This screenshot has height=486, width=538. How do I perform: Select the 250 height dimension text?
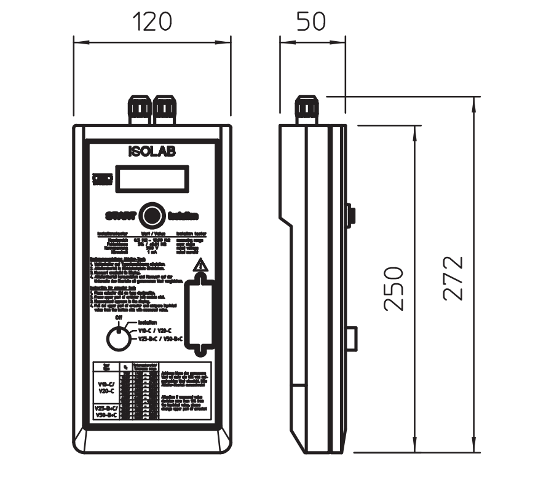click(x=394, y=288)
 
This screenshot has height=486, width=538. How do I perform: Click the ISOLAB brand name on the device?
click(x=152, y=152)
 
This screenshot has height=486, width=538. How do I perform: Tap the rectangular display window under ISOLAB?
click(x=151, y=179)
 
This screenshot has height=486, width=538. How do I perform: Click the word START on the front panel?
click(x=120, y=216)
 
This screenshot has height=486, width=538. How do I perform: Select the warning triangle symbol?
click(x=199, y=265)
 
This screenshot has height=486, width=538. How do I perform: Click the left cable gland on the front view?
click(x=140, y=109)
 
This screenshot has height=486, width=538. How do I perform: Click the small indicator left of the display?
click(x=102, y=179)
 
